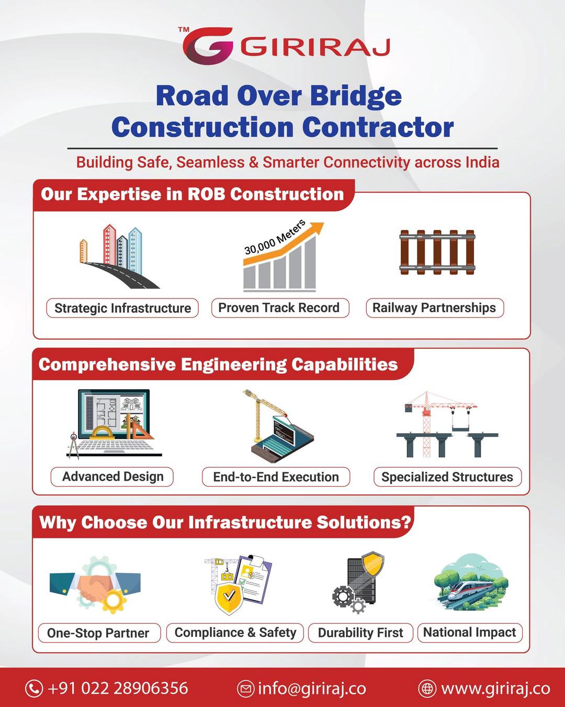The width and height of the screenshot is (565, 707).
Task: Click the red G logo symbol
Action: coord(208,46)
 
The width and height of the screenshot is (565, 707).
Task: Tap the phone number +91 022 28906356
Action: coord(118,688)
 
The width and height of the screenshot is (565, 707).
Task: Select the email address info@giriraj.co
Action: coord(312,688)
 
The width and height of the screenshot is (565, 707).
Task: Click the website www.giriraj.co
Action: coord(495,688)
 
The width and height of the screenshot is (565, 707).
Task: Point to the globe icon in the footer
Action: coord(427,688)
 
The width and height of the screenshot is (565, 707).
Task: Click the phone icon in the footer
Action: coord(34,688)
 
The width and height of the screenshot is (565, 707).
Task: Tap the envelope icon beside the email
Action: coord(245,688)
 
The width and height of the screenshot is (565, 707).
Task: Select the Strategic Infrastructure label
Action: coord(122,308)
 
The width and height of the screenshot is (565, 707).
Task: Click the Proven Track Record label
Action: coord(280,308)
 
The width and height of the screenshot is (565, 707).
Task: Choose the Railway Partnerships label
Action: coord(435,308)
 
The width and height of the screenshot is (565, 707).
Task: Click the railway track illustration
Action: coord(437,252)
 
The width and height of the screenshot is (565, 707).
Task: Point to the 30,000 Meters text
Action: coord(275,238)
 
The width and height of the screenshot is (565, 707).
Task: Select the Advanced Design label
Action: coord(112,477)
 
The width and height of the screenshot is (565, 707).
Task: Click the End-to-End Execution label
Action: coord(276,477)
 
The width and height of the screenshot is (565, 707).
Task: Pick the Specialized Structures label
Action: coord(447,477)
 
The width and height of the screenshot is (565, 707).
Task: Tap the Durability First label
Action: coord(360,633)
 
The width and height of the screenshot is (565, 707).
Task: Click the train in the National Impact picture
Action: coord(470,589)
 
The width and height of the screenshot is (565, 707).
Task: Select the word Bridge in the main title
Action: coord(356,96)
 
